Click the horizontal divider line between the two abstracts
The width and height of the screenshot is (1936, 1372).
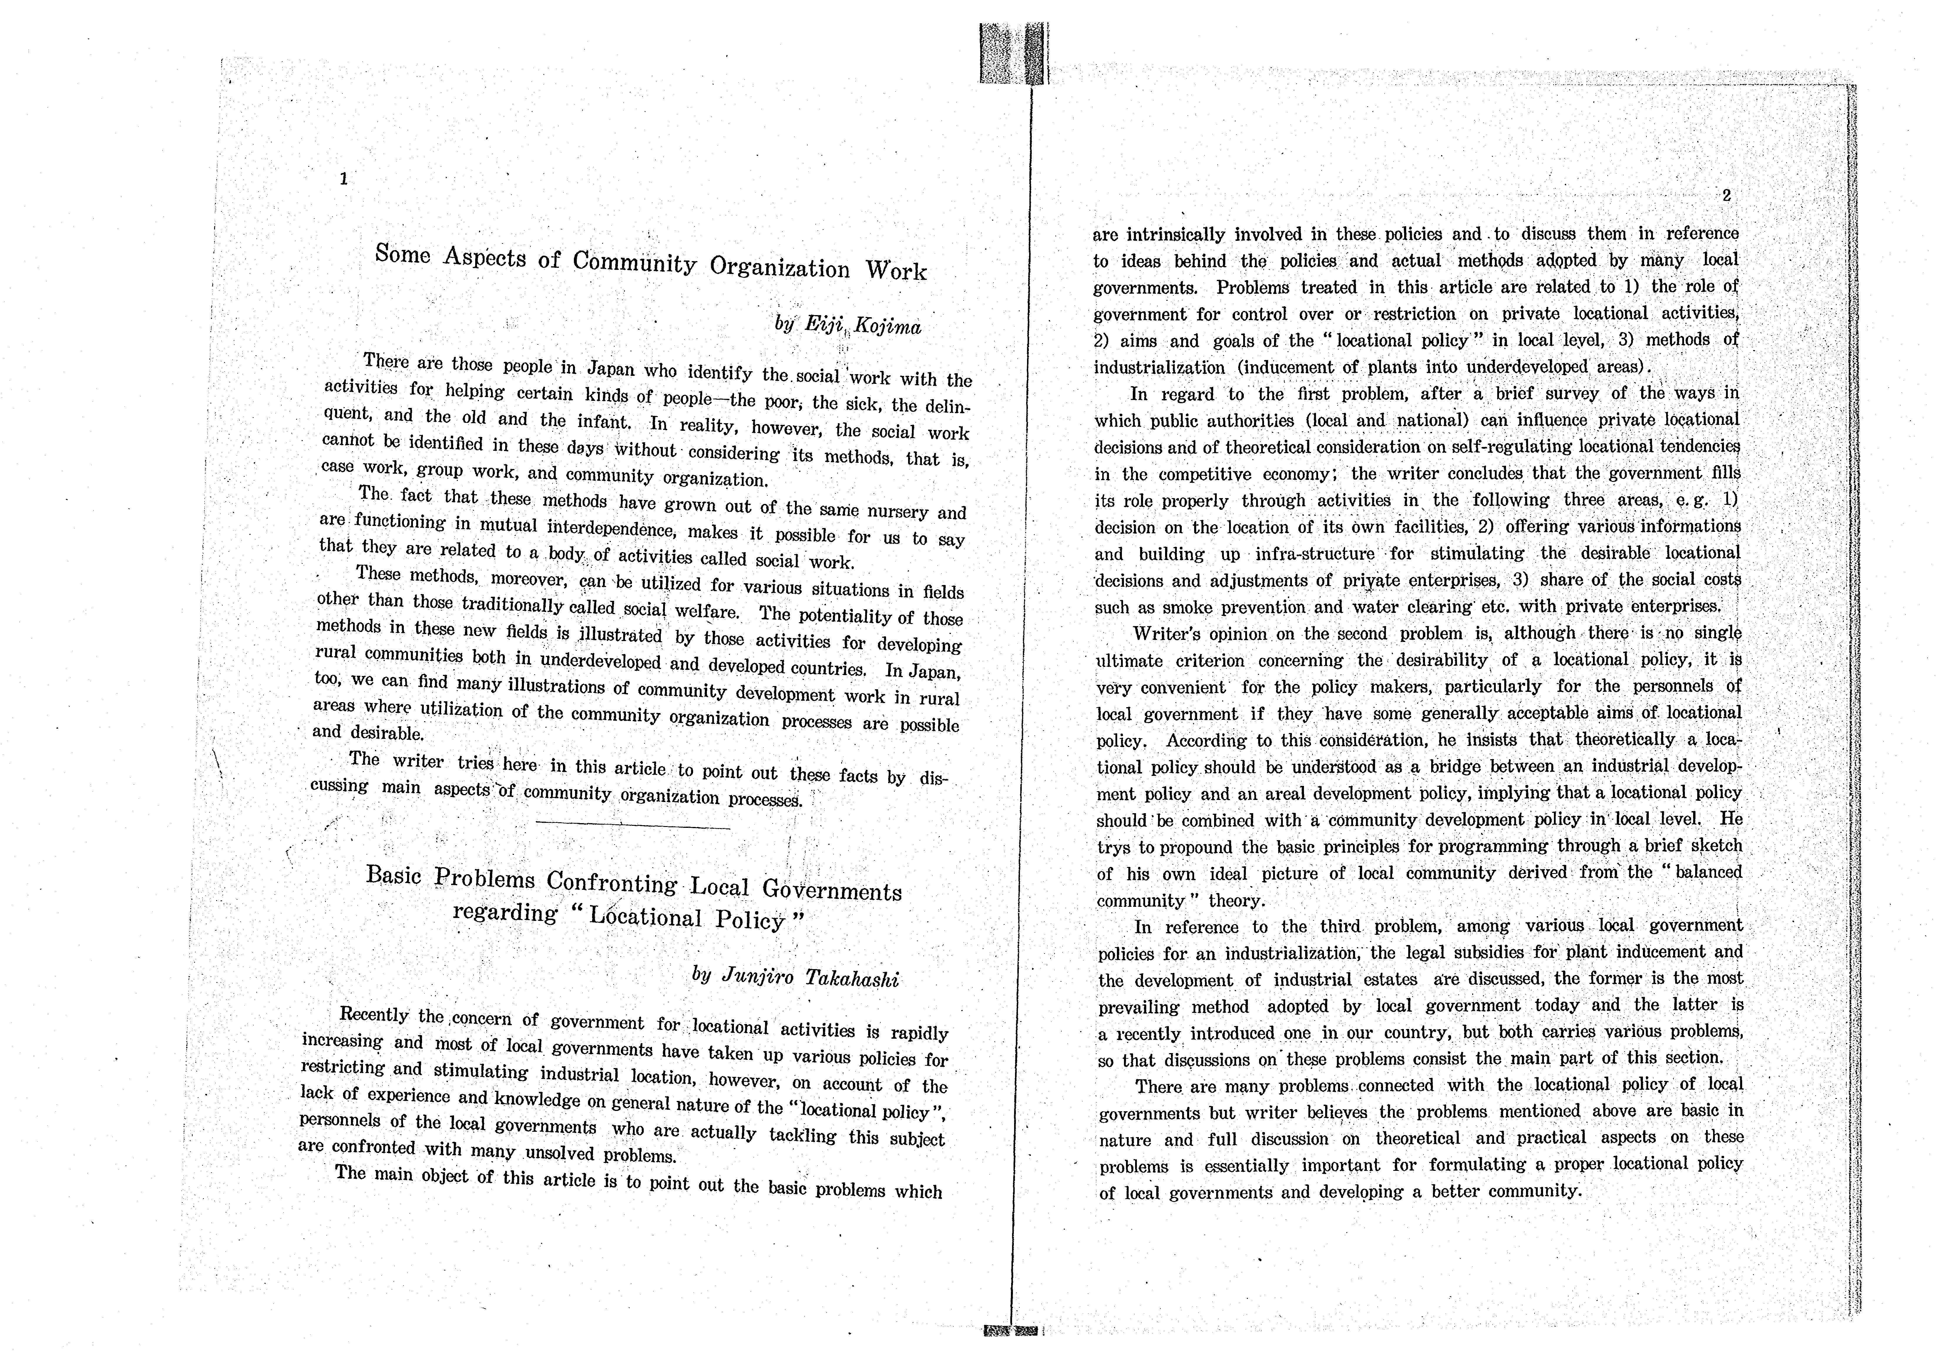coord(633,826)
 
